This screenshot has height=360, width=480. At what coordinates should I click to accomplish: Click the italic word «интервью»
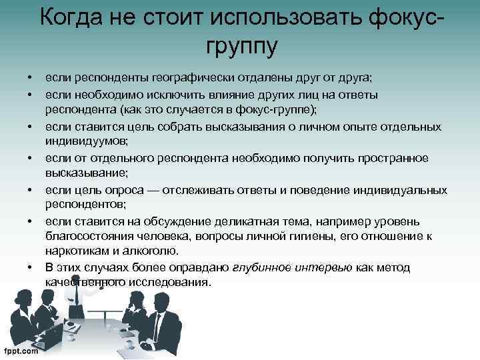coord(329,267)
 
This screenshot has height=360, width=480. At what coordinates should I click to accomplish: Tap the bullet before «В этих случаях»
coord(31,267)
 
